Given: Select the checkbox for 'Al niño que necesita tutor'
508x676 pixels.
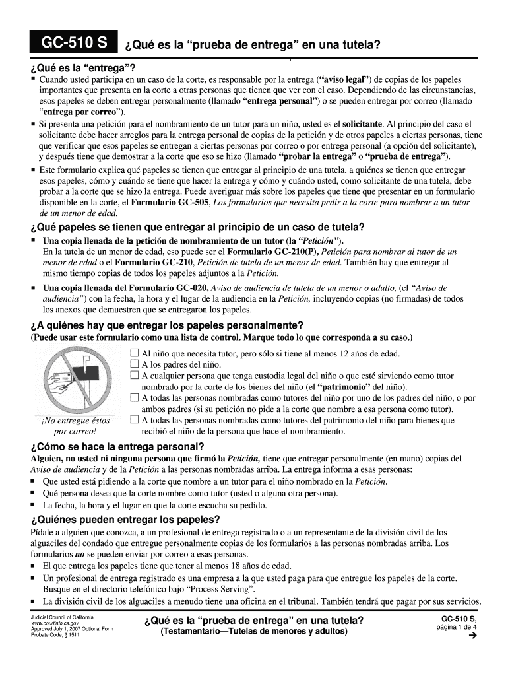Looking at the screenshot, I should pyautogui.click(x=135, y=353).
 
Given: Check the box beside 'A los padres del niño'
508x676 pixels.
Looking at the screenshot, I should pyautogui.click(x=135, y=364).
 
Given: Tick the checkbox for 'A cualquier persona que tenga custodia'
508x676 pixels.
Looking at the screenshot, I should pyautogui.click(x=135, y=376).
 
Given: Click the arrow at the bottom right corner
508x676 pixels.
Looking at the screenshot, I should pyautogui.click(x=471, y=638).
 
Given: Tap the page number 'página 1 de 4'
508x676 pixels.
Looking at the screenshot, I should pyautogui.click(x=456, y=628).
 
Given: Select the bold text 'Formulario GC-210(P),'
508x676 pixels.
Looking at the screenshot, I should pyautogui.click(x=272, y=252).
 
